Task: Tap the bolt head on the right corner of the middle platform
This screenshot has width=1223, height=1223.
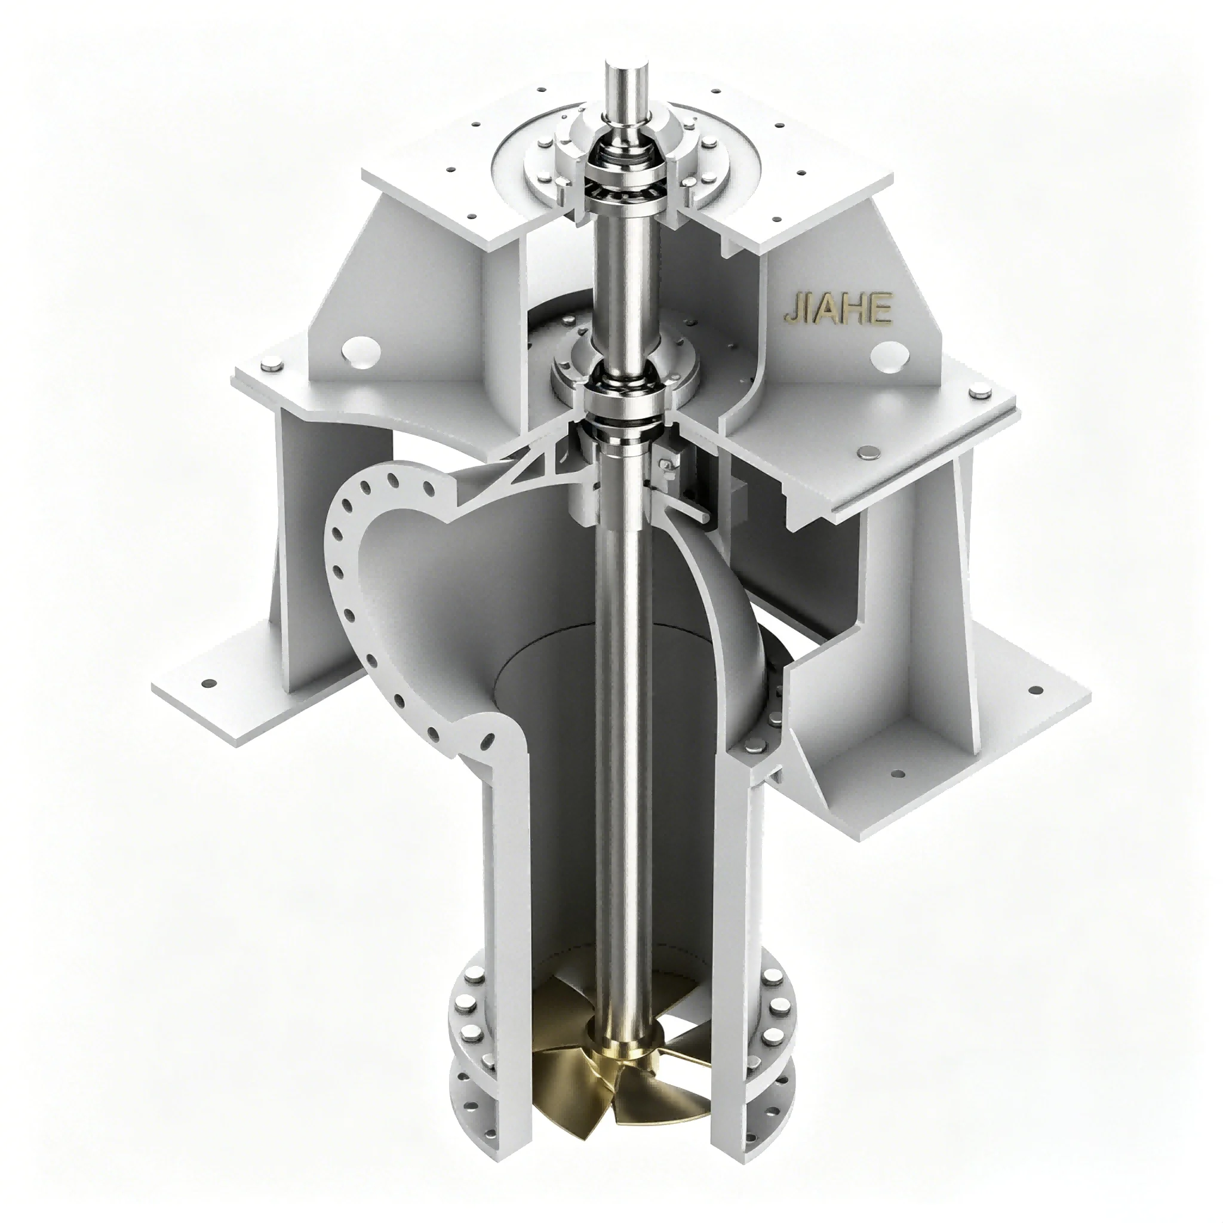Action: tap(979, 394)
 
